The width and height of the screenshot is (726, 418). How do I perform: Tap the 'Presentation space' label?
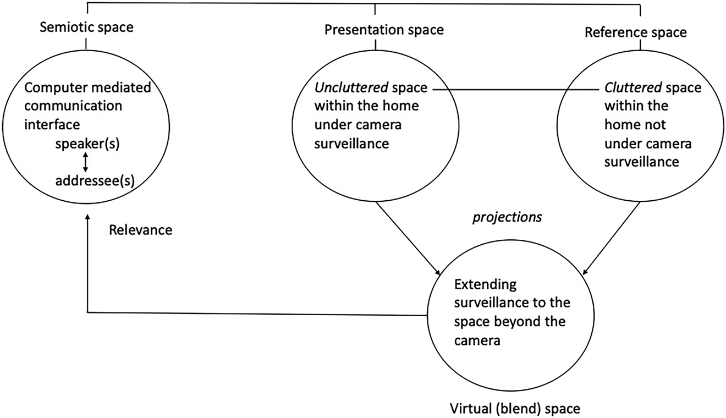coord(384,30)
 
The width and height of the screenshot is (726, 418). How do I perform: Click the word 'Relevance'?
coord(140,230)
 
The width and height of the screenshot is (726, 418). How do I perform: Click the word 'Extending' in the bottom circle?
coord(478,285)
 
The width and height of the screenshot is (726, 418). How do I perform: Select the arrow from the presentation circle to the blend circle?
coord(408,238)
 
